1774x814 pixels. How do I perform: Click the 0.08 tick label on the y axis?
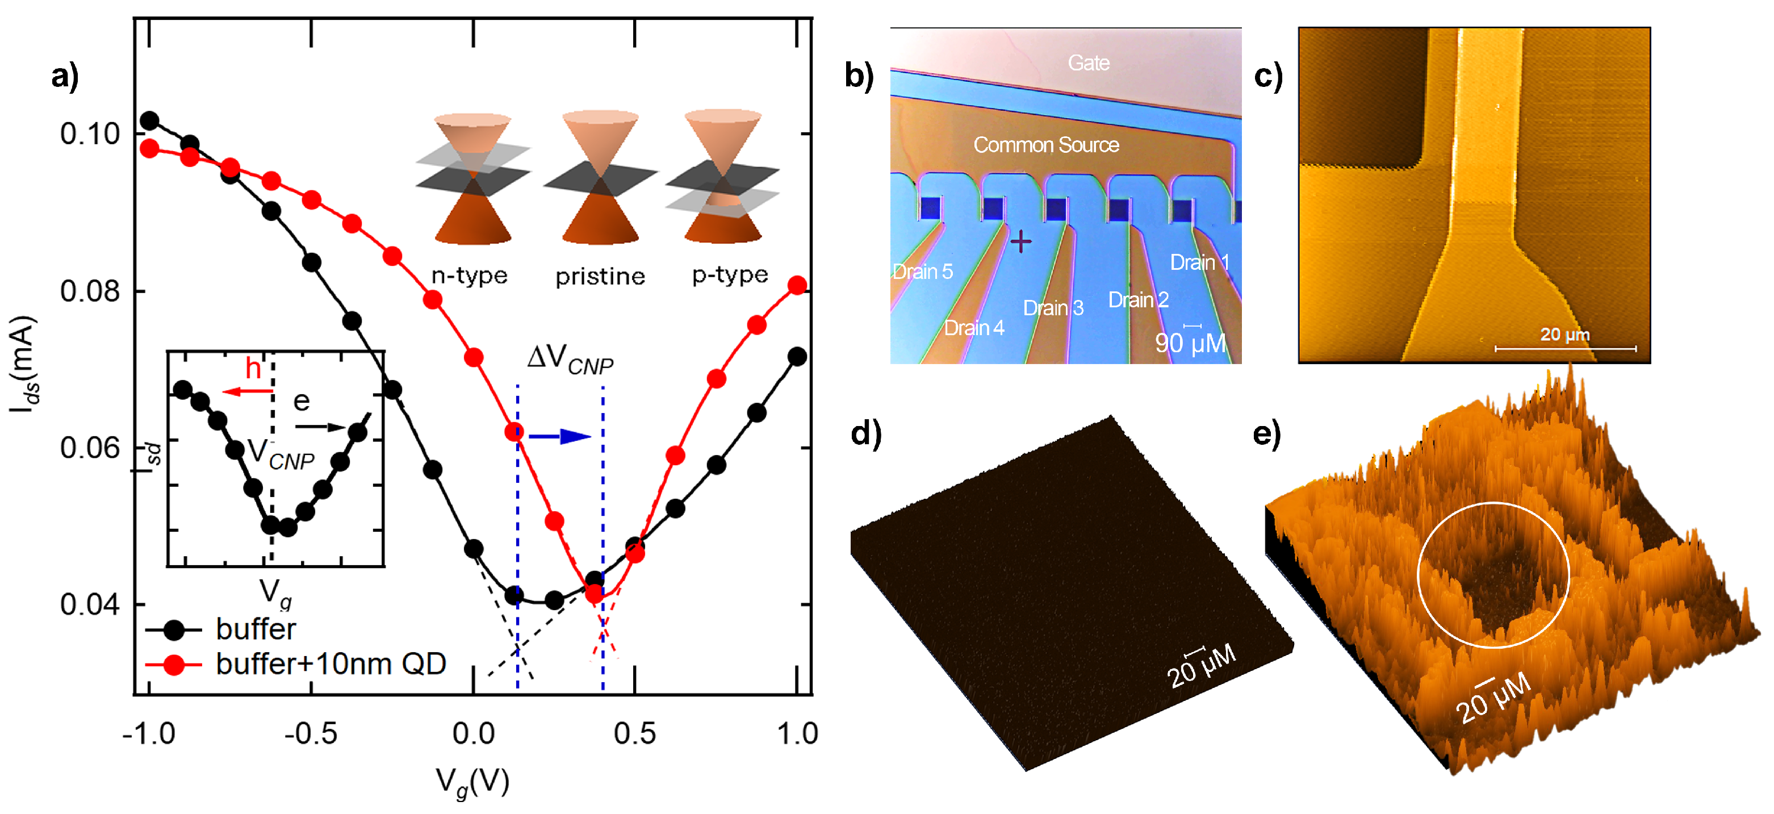tap(90, 291)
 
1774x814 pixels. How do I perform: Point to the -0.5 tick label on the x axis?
tap(311, 734)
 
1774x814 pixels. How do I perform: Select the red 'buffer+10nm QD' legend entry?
tap(330, 664)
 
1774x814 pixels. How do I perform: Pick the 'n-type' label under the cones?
tap(469, 275)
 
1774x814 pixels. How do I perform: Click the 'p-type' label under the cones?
tap(730, 275)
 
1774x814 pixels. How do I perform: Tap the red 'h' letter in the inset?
tap(253, 369)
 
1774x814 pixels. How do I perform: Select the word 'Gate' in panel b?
tap(1088, 64)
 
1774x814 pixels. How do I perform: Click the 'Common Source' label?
tap(1045, 145)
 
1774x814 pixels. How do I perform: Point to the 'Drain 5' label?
tap(923, 272)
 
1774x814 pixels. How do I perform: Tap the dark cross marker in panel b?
tap(1020, 242)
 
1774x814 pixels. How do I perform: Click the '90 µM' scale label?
tap(1190, 343)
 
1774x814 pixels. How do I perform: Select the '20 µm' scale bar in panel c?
tap(1564, 348)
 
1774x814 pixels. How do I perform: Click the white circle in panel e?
tap(1493, 575)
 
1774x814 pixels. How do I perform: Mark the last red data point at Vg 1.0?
tap(797, 285)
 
